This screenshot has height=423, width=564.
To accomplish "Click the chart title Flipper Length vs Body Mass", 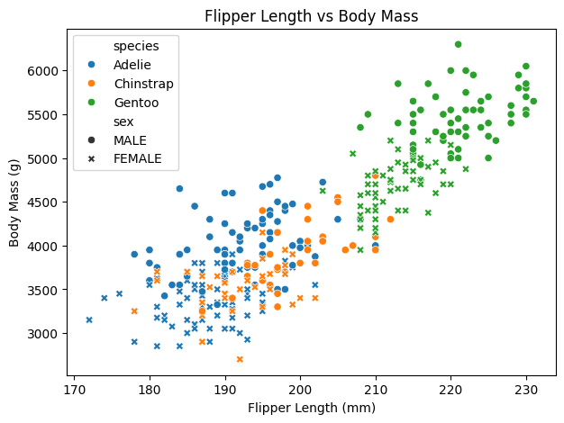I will (311, 15).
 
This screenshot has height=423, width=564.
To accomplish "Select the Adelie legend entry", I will (132, 65).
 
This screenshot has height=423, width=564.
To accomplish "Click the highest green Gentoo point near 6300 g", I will (458, 44).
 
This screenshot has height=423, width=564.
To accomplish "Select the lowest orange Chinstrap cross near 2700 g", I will (240, 359).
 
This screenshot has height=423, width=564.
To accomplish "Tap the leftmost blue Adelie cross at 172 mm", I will (89, 319).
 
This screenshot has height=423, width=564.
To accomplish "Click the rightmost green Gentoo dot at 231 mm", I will (533, 101).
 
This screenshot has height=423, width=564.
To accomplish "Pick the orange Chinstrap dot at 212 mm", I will (390, 219).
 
